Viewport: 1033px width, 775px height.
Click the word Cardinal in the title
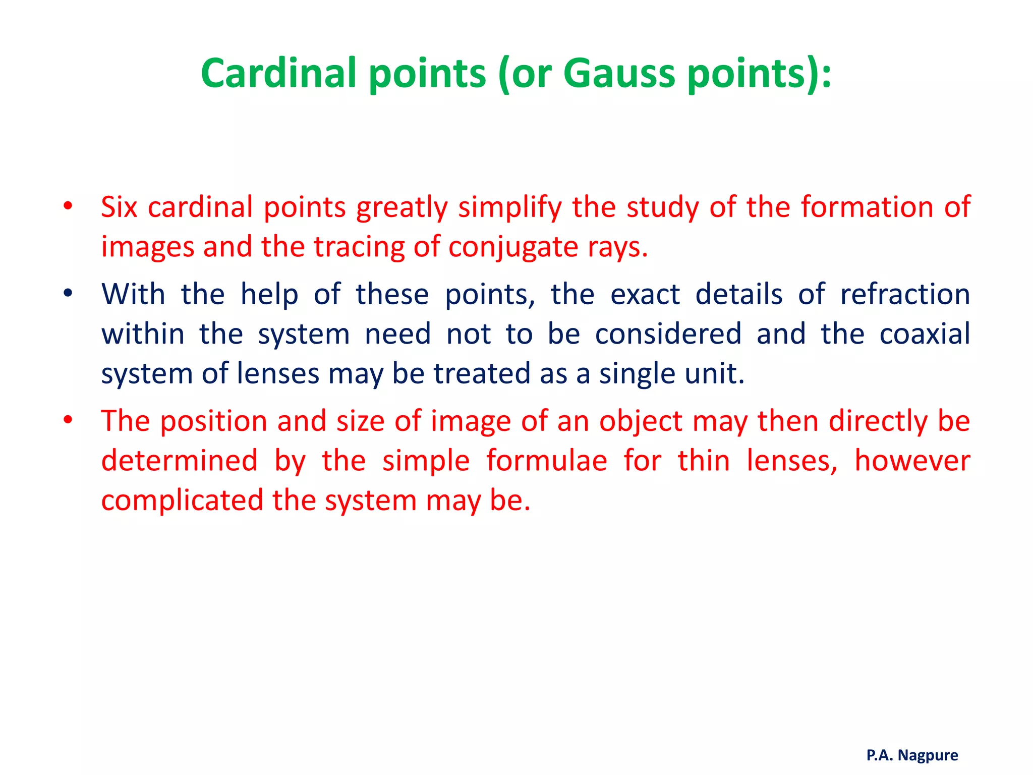coord(279,73)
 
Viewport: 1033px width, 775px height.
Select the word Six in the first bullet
coord(119,207)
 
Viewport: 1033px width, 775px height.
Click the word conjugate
coord(513,247)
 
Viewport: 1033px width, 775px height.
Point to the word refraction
coord(905,294)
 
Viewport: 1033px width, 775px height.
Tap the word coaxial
coord(925,334)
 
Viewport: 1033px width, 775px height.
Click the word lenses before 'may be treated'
coord(277,374)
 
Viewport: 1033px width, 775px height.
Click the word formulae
coord(547,461)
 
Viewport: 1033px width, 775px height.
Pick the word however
coord(912,461)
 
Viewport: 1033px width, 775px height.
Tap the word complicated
coord(182,501)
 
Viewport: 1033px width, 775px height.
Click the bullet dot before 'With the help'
coord(68,293)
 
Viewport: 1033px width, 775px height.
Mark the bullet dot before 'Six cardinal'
coord(68,206)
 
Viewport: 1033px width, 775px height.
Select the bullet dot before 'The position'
coord(68,420)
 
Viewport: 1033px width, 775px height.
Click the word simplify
coord(509,208)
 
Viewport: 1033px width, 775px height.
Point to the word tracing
coord(359,247)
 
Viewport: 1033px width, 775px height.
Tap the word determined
coord(179,461)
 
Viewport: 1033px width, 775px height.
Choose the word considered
coord(668,334)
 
